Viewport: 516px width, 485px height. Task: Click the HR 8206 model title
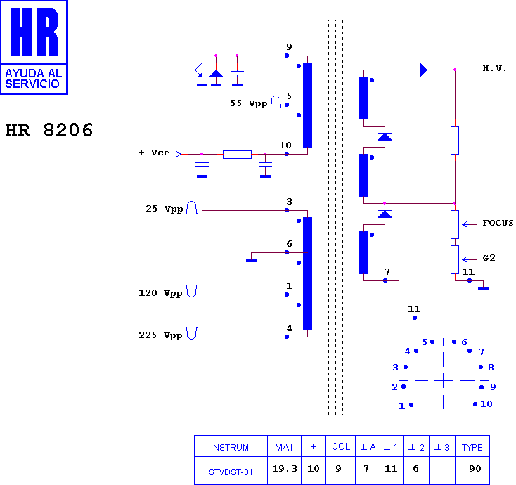49,130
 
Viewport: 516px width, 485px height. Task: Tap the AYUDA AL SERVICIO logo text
34,78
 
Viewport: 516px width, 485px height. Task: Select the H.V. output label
494,68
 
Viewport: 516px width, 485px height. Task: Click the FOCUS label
498,223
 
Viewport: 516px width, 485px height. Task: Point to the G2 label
489,258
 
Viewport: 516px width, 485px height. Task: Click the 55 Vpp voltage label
249,103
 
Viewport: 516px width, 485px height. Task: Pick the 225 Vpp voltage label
160,335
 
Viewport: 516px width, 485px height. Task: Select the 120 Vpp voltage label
160,293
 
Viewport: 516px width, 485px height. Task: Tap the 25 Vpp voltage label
165,209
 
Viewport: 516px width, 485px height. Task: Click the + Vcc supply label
155,153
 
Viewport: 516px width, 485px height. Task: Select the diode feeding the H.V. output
423,70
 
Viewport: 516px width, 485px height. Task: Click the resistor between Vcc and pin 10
238,155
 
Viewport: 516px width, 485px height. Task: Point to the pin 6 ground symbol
251,261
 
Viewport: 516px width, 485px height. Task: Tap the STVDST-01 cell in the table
231,472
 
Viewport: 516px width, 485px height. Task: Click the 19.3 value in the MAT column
285,469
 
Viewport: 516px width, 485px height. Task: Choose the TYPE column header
472,448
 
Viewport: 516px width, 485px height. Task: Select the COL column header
340,446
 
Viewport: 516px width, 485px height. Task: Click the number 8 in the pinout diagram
491,367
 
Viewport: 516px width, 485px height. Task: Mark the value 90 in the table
475,469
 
